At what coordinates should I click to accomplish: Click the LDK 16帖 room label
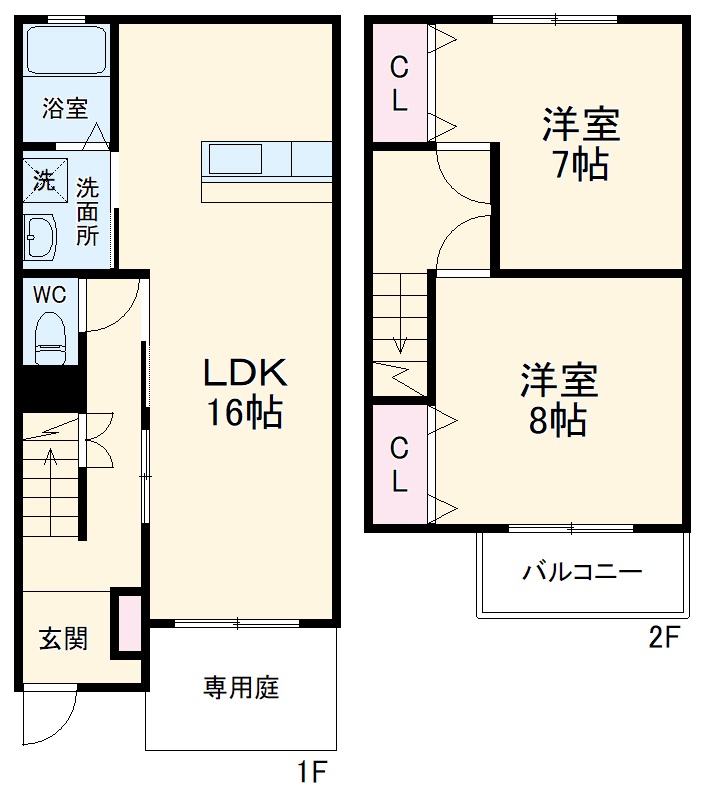(x=245, y=392)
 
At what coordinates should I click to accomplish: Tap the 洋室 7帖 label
(x=581, y=145)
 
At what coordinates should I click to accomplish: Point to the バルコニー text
(x=582, y=573)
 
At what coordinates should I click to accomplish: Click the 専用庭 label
(x=241, y=688)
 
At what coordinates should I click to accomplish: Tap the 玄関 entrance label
(x=63, y=639)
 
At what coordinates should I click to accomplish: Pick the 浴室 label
(x=64, y=109)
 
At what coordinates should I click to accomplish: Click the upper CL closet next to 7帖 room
(x=399, y=85)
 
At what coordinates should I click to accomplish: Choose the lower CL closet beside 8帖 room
(x=399, y=465)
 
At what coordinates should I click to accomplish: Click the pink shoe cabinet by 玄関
(x=129, y=624)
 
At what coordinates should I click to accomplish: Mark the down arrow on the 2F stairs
(x=401, y=340)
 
